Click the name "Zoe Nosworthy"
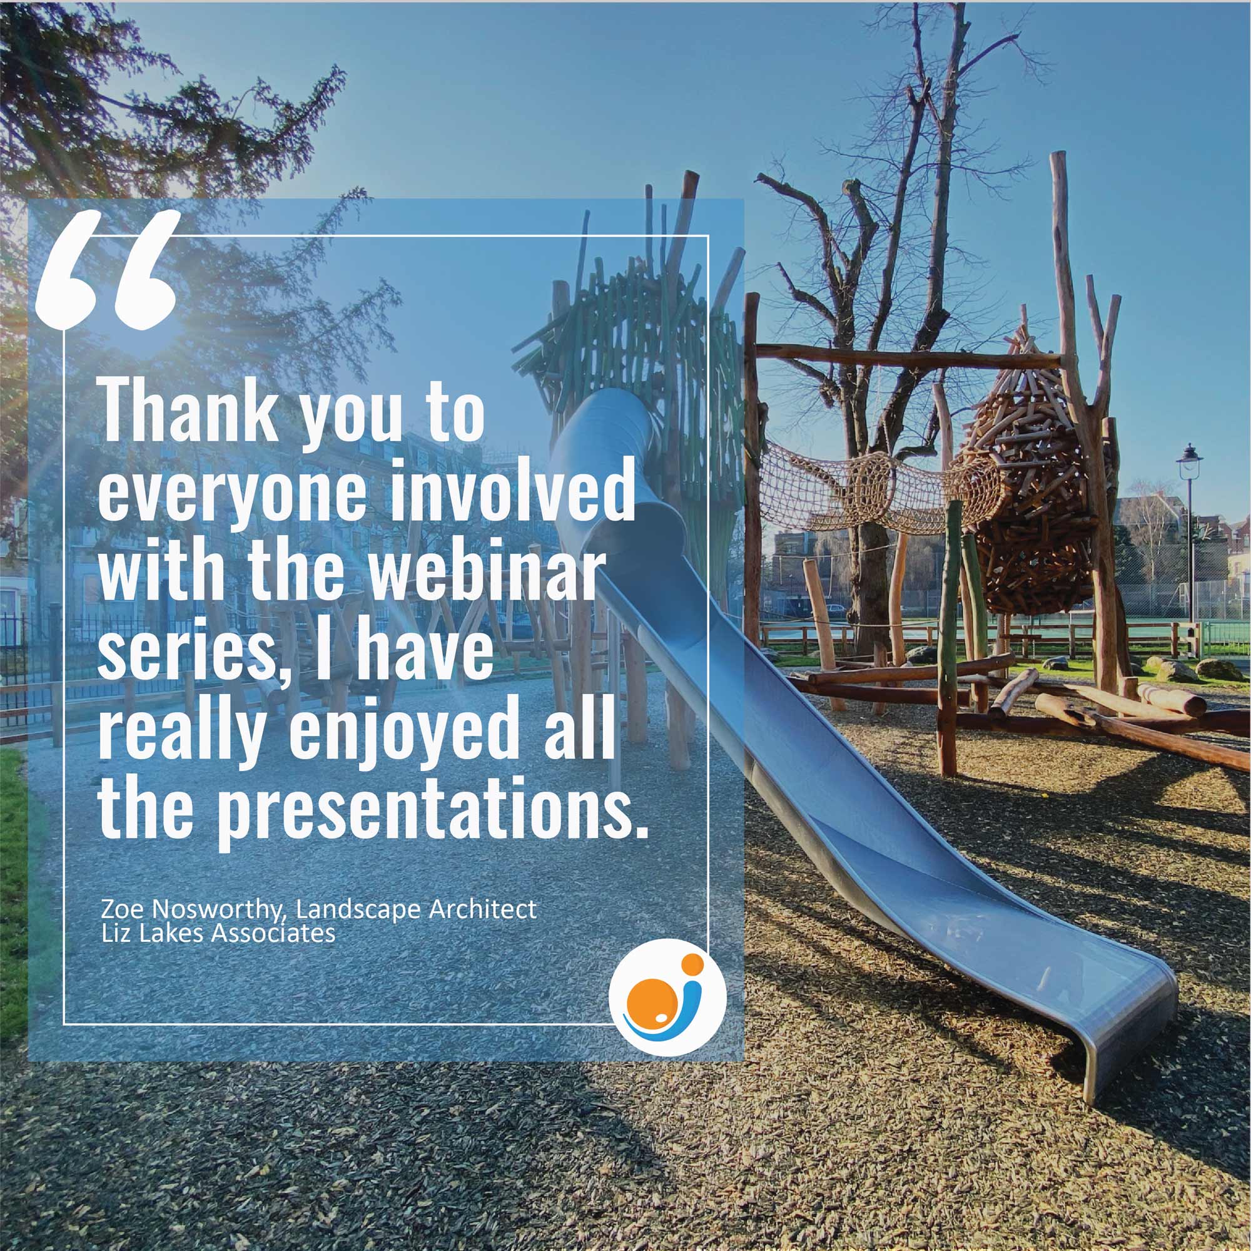point(193,909)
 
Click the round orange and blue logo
point(667,996)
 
